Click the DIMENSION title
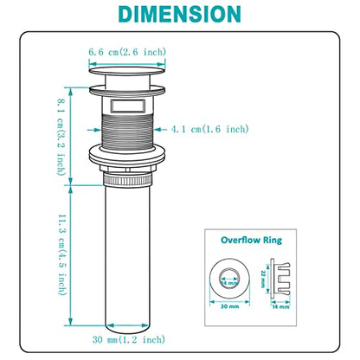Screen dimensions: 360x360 [179, 14]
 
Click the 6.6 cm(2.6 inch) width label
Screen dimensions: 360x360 [127, 52]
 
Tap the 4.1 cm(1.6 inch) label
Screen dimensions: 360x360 [210, 129]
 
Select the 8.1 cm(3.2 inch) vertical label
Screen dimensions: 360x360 [61, 137]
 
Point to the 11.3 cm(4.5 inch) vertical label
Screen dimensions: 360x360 [62, 254]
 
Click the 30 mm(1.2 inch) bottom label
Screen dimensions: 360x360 [129, 339]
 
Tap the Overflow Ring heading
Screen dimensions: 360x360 [251, 240]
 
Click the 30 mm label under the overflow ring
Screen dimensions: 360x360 [229, 306]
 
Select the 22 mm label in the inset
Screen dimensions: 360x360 [263, 279]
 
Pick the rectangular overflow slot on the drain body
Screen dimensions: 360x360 [127, 106]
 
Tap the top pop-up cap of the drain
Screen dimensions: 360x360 [127, 70]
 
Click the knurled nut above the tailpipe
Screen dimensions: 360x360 [127, 180]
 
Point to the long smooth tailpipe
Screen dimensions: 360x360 [127, 258]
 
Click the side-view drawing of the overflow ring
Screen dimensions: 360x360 [280, 277]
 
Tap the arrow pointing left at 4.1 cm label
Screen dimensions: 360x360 [161, 130]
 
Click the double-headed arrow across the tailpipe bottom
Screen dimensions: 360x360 [128, 325]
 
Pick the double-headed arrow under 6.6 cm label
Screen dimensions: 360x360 [127, 64]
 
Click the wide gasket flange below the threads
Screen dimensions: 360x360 [127, 155]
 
